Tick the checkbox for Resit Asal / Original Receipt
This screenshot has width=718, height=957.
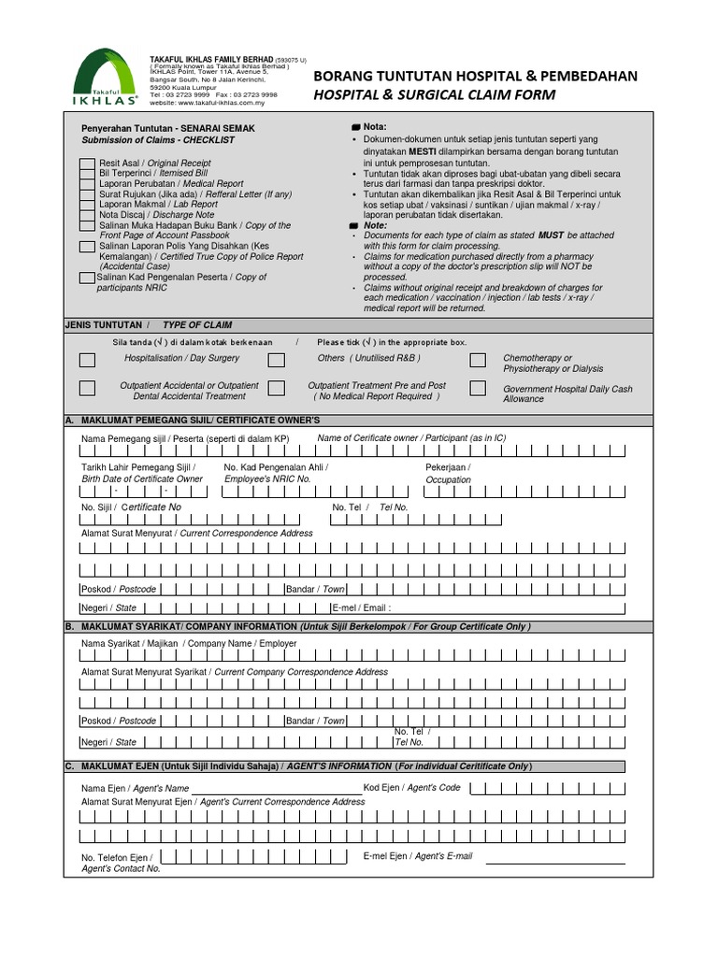pyautogui.click(x=86, y=163)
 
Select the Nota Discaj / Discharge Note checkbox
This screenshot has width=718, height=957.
pyautogui.click(x=86, y=215)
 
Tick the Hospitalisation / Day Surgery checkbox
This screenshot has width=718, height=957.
pyautogui.click(x=87, y=360)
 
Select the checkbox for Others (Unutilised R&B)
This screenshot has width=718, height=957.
pyautogui.click(x=277, y=360)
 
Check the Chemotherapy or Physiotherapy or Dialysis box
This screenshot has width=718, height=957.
pyautogui.click(x=478, y=361)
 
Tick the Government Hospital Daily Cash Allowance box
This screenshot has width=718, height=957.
pyautogui.click(x=478, y=388)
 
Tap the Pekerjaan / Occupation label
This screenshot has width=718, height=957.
pyautogui.click(x=449, y=473)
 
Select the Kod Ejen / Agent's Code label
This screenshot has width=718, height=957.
pyautogui.click(x=411, y=788)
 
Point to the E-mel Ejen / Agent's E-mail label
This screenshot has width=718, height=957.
pyautogui.click(x=417, y=856)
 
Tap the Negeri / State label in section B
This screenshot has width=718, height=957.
pyautogui.click(x=108, y=742)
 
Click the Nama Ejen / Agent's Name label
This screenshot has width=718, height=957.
pyautogui.click(x=135, y=789)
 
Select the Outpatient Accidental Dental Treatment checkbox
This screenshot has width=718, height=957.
pyautogui.click(x=87, y=388)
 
